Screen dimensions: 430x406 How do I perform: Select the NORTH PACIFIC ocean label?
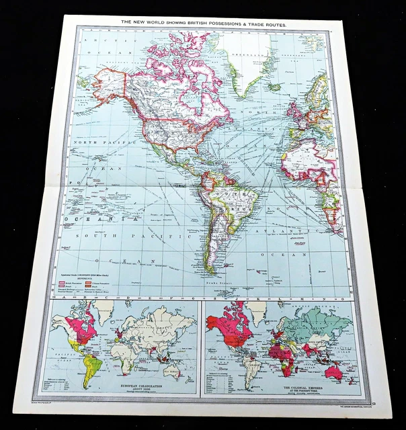click(x=95, y=142)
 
